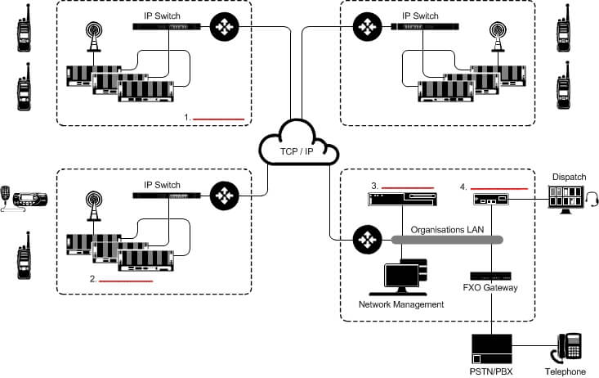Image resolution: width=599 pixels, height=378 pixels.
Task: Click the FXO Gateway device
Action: click(x=490, y=275)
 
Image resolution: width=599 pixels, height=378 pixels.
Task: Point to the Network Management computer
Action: click(x=402, y=278)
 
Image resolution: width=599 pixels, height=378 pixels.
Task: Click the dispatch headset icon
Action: click(x=592, y=198)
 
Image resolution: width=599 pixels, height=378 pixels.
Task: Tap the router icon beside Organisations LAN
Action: click(x=367, y=239)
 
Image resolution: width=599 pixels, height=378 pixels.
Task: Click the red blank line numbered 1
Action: click(x=218, y=119)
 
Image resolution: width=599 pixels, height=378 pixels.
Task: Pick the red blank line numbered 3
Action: click(x=406, y=186)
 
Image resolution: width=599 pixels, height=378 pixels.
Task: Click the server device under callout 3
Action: click(x=401, y=199)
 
